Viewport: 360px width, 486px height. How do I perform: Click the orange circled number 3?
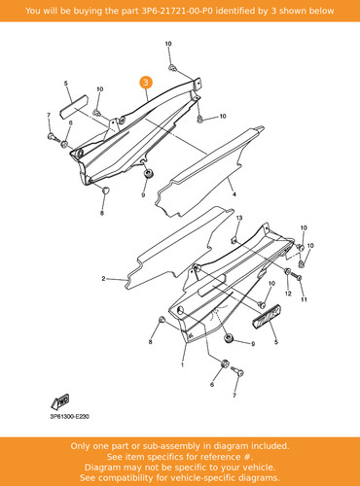click(146, 83)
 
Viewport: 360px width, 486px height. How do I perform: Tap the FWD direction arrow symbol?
click(60, 402)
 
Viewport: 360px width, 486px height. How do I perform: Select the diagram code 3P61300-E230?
click(69, 417)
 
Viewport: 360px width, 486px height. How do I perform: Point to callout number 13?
click(239, 218)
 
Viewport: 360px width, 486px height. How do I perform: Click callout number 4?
click(234, 194)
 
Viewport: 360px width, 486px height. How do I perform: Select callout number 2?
click(103, 278)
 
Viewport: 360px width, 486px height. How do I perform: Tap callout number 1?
click(182, 364)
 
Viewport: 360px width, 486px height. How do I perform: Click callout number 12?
click(288, 294)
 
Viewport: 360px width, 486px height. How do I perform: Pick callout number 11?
click(304, 299)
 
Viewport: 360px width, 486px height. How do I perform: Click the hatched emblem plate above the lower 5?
click(267, 315)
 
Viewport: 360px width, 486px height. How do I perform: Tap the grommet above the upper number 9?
click(149, 173)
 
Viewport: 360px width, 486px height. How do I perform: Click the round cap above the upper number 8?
click(105, 191)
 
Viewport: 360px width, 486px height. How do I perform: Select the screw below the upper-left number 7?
click(53, 137)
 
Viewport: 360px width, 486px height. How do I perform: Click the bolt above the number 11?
click(296, 276)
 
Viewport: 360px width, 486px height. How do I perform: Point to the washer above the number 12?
click(287, 271)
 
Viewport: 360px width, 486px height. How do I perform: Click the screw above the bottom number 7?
click(237, 371)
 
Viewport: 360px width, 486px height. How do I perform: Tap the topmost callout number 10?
click(168, 44)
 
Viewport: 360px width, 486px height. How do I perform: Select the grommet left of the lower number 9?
click(230, 338)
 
